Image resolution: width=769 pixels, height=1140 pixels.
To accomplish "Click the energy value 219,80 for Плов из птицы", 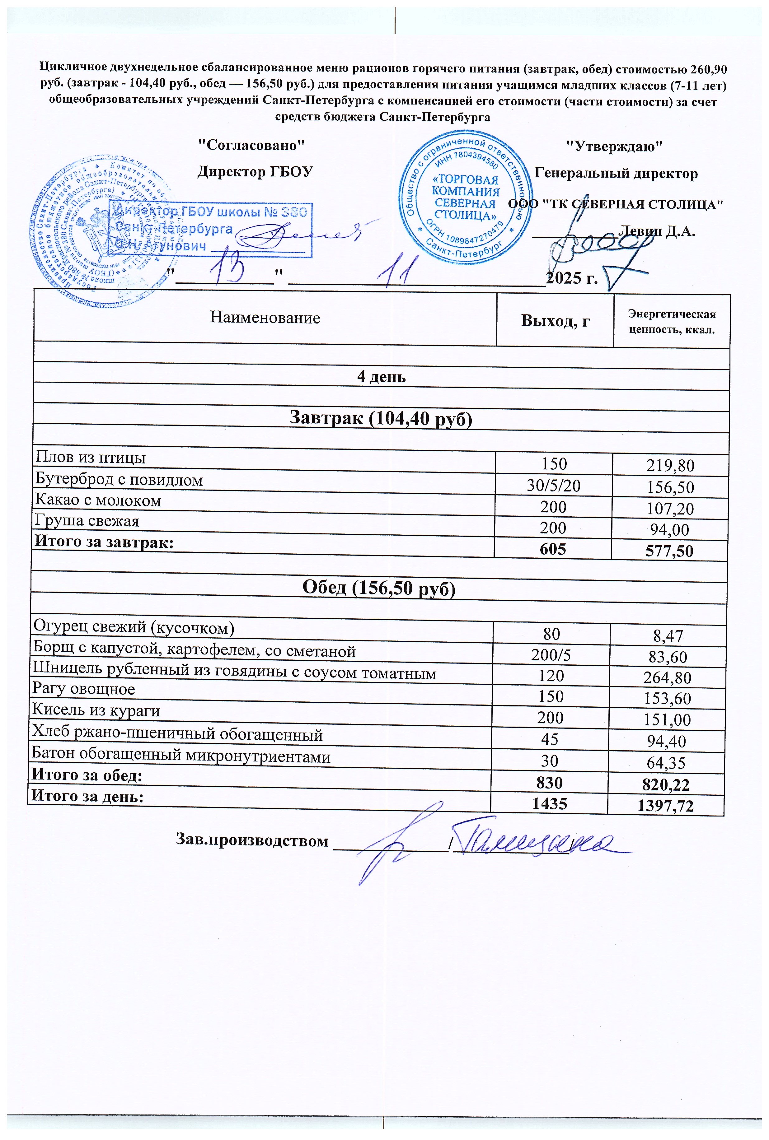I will tap(670, 465).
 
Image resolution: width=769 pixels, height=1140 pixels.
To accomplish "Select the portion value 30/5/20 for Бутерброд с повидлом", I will tap(553, 485).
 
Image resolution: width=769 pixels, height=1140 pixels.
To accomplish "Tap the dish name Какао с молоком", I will tap(98, 500).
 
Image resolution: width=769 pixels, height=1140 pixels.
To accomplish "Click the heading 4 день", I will tap(381, 377).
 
